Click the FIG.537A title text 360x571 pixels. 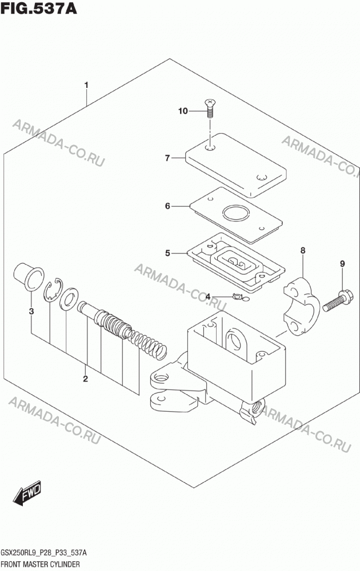[x=39, y=9]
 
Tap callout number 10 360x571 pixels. [x=183, y=111]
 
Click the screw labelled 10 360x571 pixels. [x=209, y=108]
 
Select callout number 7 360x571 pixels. [x=167, y=158]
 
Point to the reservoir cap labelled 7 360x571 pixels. [x=235, y=165]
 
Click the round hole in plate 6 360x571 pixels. [x=235, y=214]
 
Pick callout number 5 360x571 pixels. [x=167, y=253]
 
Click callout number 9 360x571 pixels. [x=342, y=263]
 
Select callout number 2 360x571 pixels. [x=85, y=379]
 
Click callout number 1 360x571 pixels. [x=86, y=85]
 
